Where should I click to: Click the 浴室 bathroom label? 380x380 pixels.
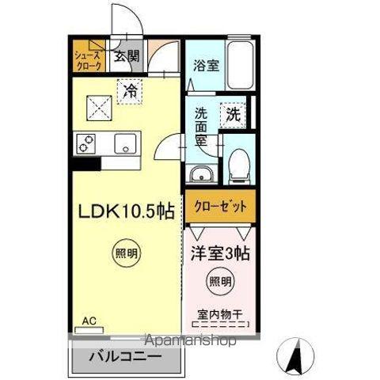click(x=207, y=67)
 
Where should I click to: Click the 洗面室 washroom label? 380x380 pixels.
click(x=202, y=127)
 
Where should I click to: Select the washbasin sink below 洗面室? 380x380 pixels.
click(x=200, y=174)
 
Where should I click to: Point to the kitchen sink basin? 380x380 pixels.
click(x=124, y=146)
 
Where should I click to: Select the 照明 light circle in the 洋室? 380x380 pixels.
click(x=221, y=280)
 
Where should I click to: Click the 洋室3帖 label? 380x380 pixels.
click(x=221, y=255)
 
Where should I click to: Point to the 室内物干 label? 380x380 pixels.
click(x=220, y=313)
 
